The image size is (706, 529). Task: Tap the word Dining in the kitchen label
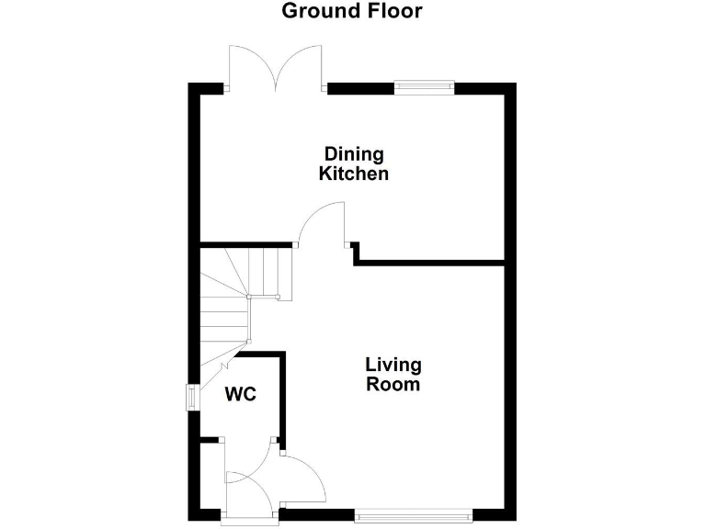click(353, 153)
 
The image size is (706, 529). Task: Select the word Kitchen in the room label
click(353, 174)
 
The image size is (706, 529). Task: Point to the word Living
click(393, 366)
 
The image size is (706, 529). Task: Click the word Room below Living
click(393, 385)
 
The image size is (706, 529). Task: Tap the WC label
click(241, 395)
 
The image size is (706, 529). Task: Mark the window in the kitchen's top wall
click(424, 87)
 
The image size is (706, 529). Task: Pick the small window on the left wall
click(192, 397)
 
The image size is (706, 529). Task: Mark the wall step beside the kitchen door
click(355, 253)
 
